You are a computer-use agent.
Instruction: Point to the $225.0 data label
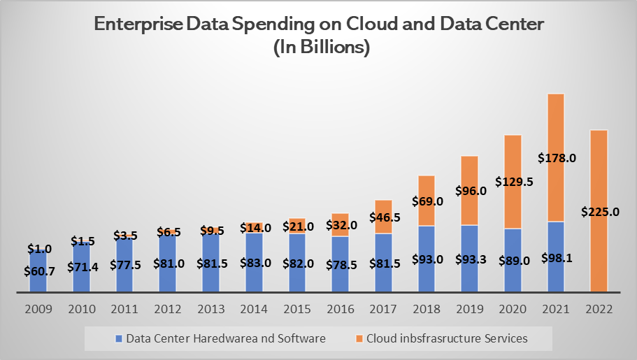600,212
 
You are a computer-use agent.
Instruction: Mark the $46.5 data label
384,218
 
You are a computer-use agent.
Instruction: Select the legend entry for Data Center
220,338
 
